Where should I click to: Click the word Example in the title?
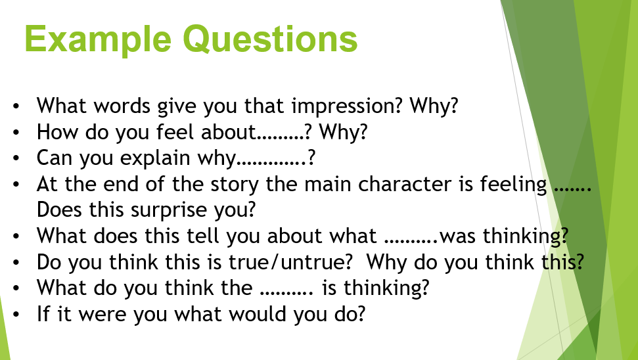pos(98,40)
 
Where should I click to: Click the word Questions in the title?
pos(270,39)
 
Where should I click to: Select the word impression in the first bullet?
pos(346,106)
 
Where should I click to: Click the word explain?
pos(154,158)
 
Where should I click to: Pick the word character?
pos(405,185)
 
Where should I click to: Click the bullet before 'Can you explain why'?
pos(16,158)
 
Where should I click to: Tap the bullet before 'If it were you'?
pos(16,315)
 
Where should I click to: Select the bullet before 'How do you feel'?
pos(16,133)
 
